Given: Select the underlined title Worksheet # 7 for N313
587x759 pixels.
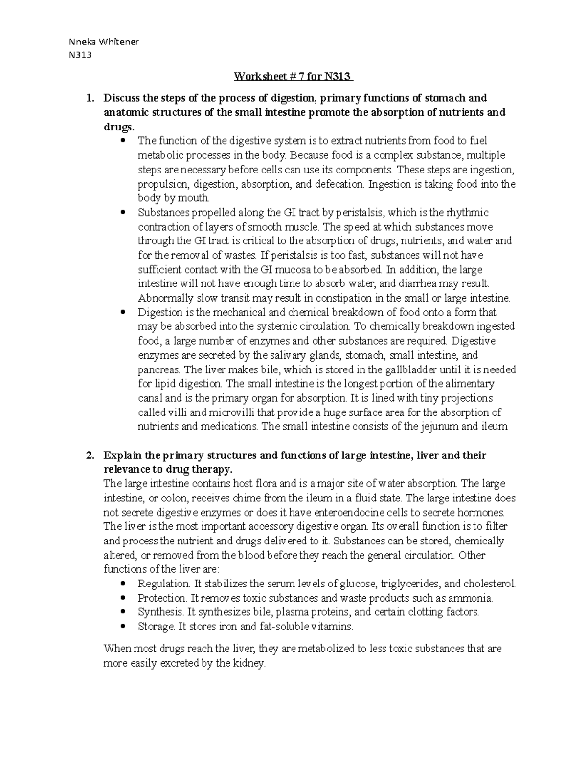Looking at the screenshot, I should (x=293, y=77).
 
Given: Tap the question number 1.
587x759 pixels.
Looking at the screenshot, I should (x=89, y=98).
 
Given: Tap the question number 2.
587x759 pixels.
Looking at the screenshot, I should (x=89, y=455).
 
